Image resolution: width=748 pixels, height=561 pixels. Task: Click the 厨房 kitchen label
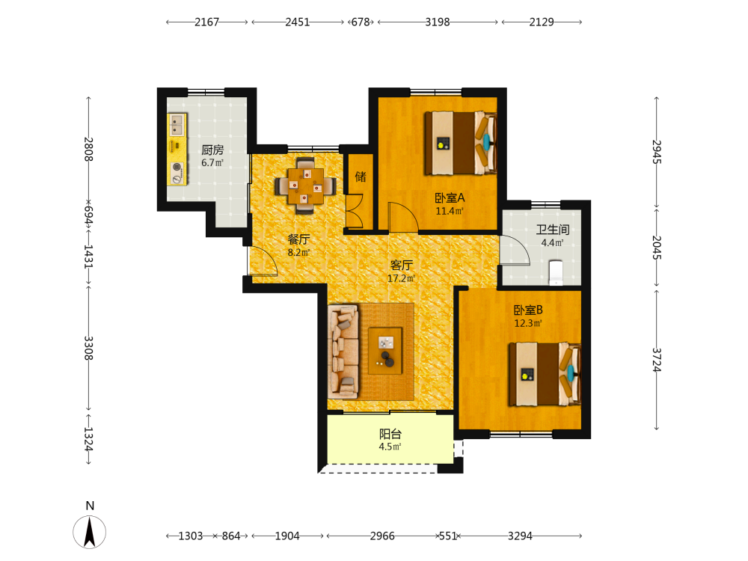[212, 150]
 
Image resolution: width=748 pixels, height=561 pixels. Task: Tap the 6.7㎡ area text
[212, 162]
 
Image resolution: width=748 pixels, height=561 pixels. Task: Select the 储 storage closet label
[361, 177]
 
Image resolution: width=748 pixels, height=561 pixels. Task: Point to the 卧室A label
[450, 197]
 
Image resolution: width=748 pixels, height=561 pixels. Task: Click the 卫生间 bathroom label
[553, 230]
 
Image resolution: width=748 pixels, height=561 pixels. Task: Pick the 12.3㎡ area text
[527, 323]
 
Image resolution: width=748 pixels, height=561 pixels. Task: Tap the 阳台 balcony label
[390, 434]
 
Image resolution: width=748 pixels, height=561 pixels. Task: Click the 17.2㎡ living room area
[401, 278]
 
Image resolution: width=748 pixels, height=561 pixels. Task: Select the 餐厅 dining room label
[298, 239]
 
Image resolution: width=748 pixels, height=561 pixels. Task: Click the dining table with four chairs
[305, 186]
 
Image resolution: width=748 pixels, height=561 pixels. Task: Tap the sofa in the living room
[343, 352]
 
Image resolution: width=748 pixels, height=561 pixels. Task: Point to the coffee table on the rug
[385, 351]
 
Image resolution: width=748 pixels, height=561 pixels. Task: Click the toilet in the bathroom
[557, 272]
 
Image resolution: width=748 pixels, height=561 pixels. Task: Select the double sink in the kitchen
[177, 124]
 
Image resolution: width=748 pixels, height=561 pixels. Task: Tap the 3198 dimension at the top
[438, 22]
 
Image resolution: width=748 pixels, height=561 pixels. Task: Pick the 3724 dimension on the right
[657, 360]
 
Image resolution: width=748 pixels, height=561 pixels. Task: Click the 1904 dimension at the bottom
[287, 536]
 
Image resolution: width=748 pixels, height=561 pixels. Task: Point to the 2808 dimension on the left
[89, 150]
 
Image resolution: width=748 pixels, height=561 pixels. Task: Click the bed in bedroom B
[545, 375]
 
